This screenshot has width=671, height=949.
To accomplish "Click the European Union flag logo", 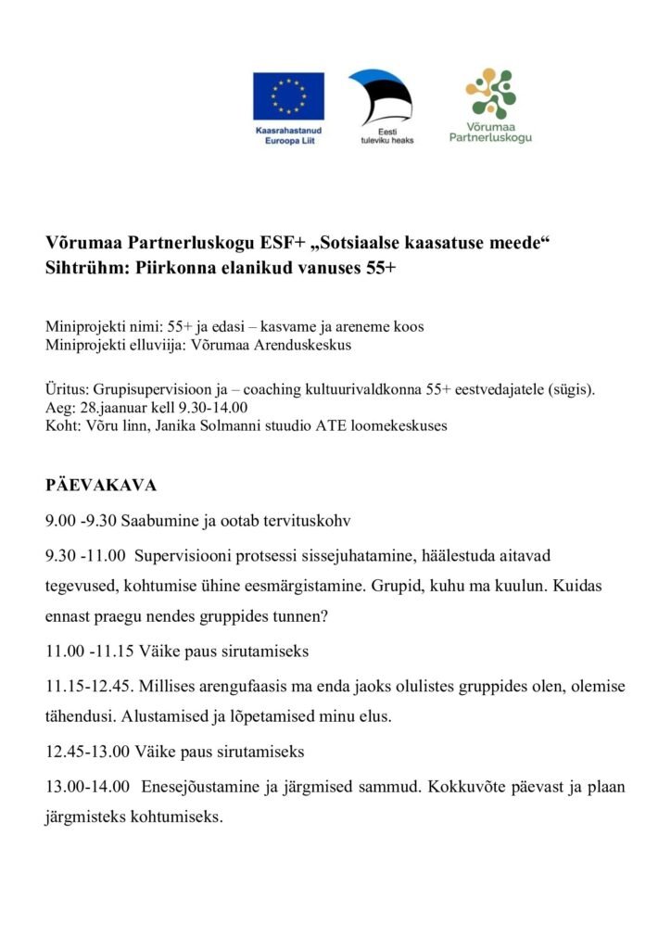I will point(288,95).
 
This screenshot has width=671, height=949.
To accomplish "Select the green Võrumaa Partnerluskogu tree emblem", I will point(490,92).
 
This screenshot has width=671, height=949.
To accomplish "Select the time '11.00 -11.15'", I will point(89,652).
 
